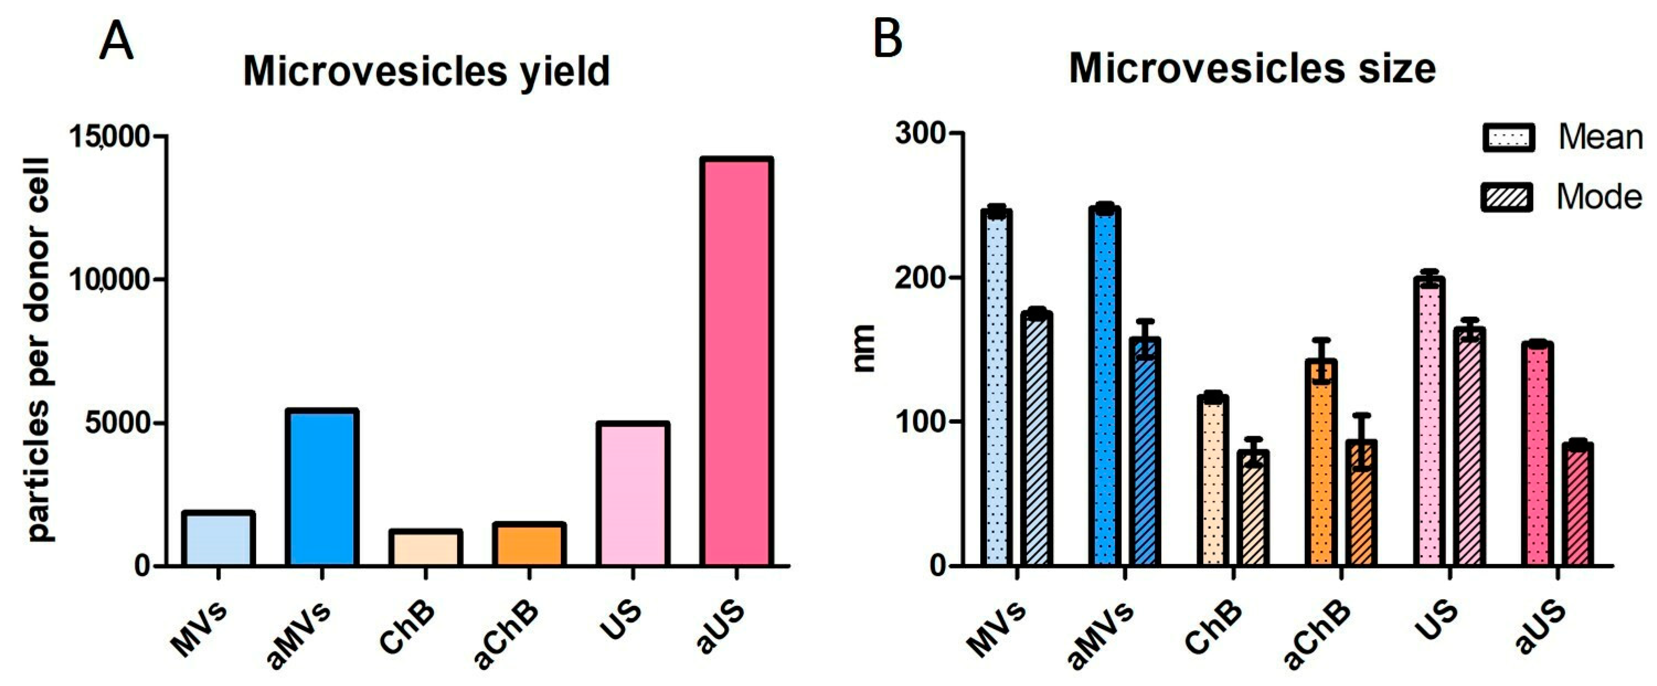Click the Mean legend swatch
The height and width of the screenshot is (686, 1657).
(1509, 137)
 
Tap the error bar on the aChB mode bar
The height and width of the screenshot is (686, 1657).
(1362, 442)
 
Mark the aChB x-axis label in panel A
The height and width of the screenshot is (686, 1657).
(506, 635)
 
